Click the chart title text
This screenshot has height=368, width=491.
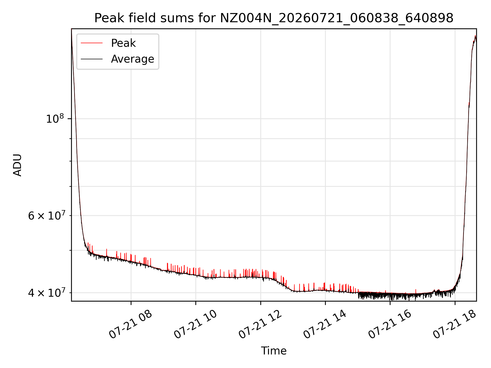[x=274, y=18]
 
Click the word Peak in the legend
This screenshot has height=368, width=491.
[x=123, y=43]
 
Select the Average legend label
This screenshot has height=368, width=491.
[x=132, y=59]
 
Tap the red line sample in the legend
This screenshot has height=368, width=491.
[x=92, y=43]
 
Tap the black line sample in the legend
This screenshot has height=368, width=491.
[x=92, y=59]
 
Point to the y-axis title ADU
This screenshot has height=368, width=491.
[x=17, y=165]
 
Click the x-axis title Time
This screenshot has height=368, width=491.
[x=274, y=351]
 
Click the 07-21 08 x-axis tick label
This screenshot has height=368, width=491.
[x=131, y=325]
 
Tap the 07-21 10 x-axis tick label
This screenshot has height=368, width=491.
[x=195, y=325]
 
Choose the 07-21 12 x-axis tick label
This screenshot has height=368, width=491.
[x=260, y=325]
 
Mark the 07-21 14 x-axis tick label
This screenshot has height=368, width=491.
[x=325, y=325]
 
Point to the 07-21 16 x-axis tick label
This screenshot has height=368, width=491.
[x=390, y=325]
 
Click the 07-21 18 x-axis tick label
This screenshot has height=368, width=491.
[x=455, y=325]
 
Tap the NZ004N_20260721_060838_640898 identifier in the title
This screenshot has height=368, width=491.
[x=337, y=18]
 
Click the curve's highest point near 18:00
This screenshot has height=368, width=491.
[x=475, y=36]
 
